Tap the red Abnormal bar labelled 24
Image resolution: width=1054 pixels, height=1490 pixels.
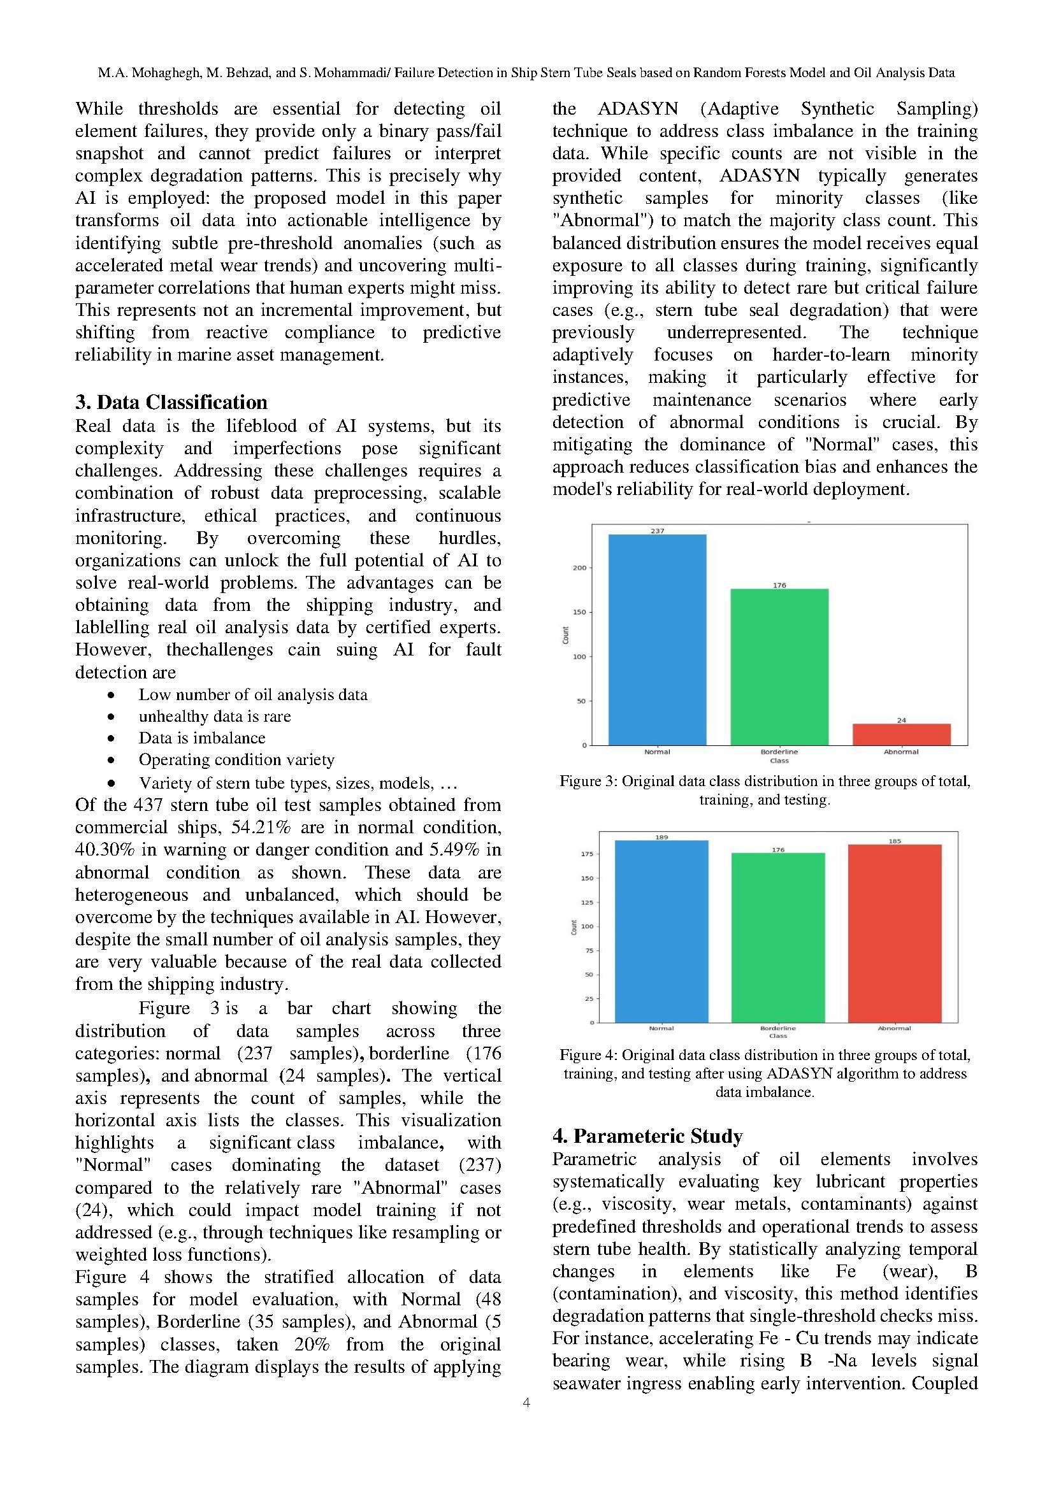[x=901, y=734]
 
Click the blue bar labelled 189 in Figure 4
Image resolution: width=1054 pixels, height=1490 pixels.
[x=661, y=931]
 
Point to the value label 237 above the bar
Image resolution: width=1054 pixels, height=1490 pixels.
[x=657, y=531]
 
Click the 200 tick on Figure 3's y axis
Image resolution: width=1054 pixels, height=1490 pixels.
[x=579, y=568]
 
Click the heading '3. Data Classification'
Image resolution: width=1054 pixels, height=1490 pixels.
[x=171, y=403]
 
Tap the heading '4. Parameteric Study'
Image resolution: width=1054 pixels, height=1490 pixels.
[x=647, y=1136]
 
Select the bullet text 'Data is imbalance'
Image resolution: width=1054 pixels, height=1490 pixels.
[x=202, y=738]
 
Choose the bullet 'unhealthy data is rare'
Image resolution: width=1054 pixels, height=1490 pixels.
[x=214, y=716]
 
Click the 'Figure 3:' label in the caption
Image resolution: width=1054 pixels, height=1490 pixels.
[x=588, y=781]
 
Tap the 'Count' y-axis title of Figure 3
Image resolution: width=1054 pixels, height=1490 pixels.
[x=565, y=634]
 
